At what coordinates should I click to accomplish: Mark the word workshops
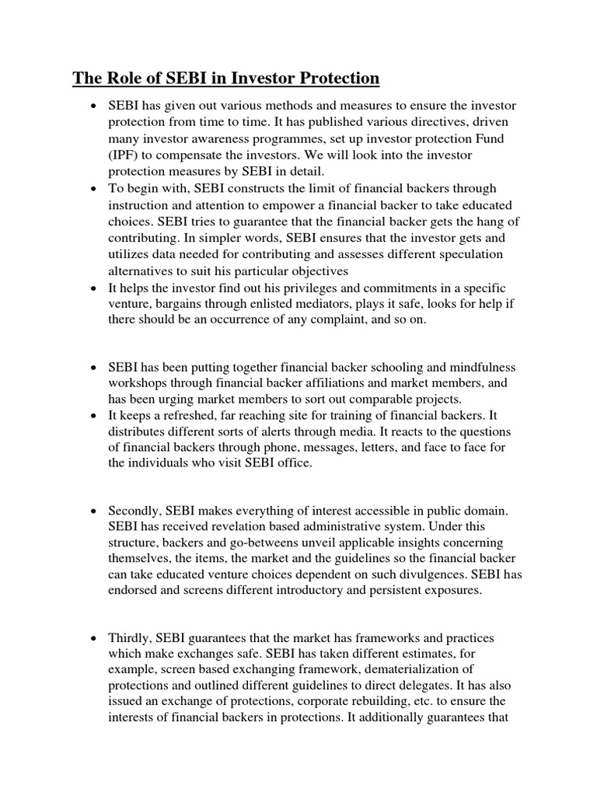pyautogui.click(x=137, y=382)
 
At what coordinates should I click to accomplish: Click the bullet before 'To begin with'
pyautogui.click(x=93, y=189)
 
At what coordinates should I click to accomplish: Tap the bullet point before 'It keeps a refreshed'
pyautogui.click(x=93, y=417)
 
